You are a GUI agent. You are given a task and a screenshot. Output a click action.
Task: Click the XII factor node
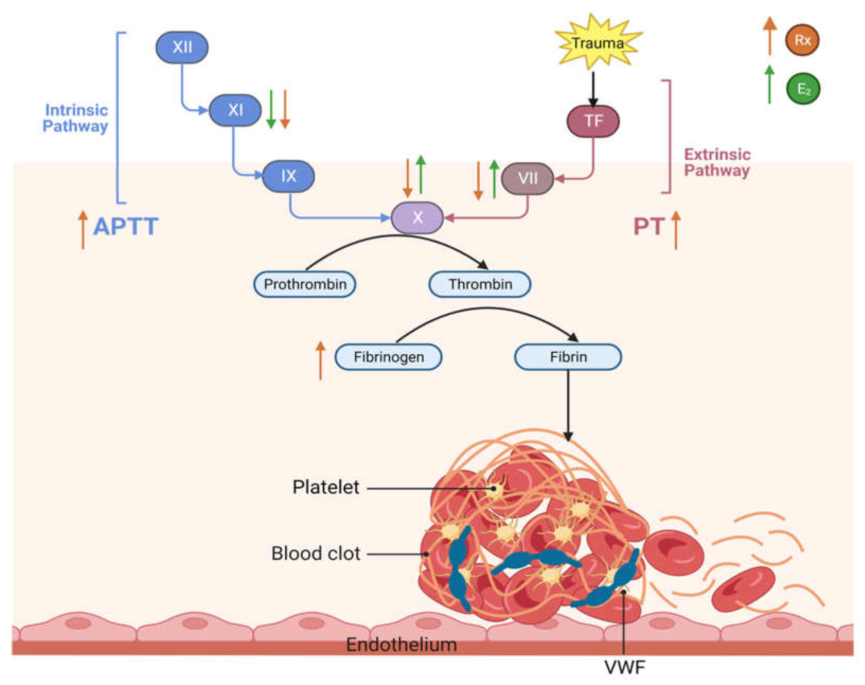(x=182, y=47)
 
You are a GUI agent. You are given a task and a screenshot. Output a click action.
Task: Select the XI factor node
(x=235, y=110)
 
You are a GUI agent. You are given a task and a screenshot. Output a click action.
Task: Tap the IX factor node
(x=288, y=176)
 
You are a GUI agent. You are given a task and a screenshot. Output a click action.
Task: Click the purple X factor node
(x=417, y=217)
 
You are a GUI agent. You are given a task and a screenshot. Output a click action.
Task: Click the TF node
(x=593, y=121)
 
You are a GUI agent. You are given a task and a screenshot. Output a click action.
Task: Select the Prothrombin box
(x=305, y=284)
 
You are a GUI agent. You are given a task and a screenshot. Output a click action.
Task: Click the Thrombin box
(x=480, y=284)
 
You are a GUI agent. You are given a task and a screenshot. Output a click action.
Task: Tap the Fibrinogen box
(x=389, y=357)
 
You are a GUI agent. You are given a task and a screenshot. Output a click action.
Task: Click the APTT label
(x=126, y=226)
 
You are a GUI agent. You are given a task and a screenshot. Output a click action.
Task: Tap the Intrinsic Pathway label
(x=75, y=118)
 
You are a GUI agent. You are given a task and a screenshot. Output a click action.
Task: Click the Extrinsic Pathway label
(x=717, y=162)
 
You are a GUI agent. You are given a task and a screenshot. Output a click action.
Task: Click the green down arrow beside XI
(x=271, y=109)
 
